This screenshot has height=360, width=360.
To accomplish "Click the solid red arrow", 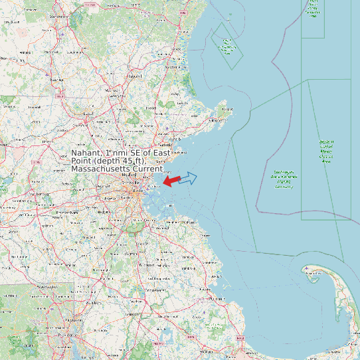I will (x=171, y=180).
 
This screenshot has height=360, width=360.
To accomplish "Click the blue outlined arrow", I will (x=188, y=178).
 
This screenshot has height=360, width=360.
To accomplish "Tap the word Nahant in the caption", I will (x=86, y=153).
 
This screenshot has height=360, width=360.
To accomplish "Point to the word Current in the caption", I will (x=148, y=169).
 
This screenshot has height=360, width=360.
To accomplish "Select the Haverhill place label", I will (x=136, y=76).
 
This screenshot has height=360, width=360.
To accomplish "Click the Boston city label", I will (x=137, y=191).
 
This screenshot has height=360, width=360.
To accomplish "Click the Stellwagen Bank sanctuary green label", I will (x=284, y=178).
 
